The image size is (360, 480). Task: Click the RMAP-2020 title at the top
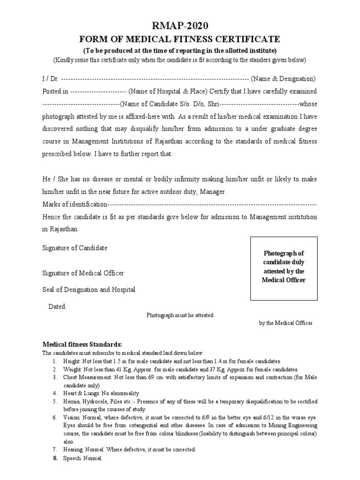pyautogui.click(x=180, y=26)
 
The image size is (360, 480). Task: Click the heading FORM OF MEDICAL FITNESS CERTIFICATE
pyautogui.click(x=180, y=39)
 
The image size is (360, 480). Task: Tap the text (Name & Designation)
pyautogui.click(x=283, y=78)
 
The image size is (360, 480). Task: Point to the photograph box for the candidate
pyautogui.click(x=284, y=269)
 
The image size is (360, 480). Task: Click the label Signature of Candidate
pyautogui.click(x=75, y=248)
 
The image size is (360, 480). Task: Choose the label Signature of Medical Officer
pyautogui.click(x=83, y=273)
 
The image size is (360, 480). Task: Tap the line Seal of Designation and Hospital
pyautogui.click(x=89, y=290)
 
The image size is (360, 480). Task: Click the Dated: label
pyautogui.click(x=58, y=307)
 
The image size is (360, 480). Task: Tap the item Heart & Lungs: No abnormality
pyautogui.click(x=102, y=393)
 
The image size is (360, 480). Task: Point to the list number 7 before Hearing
pyautogui.click(x=54, y=449)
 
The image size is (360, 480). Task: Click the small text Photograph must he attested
pyautogui.click(x=180, y=315)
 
